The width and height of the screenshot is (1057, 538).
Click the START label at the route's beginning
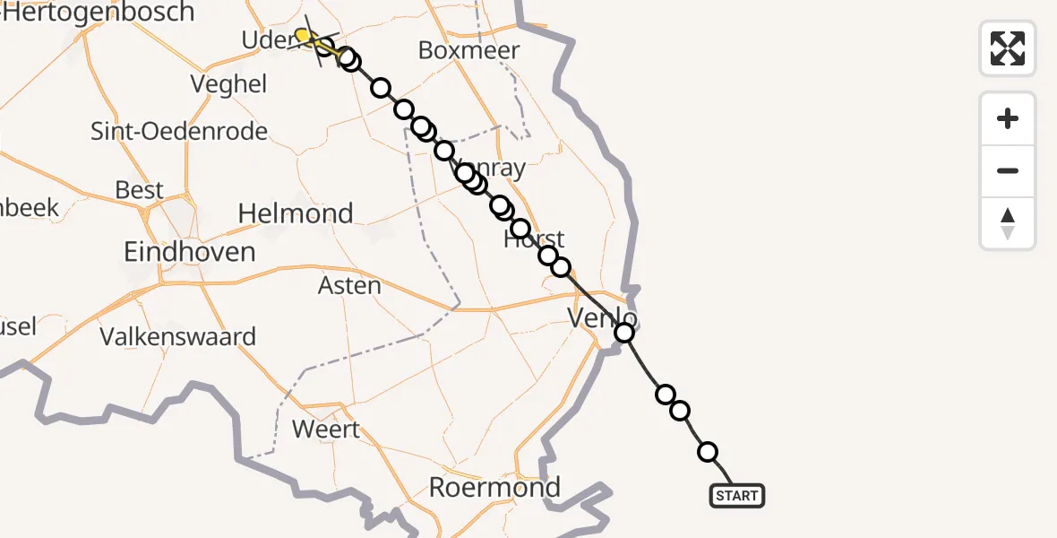(737, 496)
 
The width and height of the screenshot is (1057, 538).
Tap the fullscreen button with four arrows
(1008, 48)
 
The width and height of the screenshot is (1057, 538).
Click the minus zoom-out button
(1008, 170)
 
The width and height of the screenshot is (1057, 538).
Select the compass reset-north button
(1008, 223)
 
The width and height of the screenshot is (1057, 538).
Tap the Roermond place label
(494, 487)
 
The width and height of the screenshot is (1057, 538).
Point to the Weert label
(326, 429)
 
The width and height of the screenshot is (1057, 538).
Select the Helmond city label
(296, 213)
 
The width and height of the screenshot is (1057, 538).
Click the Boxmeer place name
(468, 50)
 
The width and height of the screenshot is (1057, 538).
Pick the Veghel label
(229, 84)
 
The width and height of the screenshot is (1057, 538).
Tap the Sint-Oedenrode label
(179, 132)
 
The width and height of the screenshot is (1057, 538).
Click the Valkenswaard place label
(178, 337)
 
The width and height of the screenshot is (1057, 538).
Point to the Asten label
(350, 286)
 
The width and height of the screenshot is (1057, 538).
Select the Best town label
(140, 190)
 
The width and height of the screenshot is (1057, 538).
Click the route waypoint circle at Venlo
(624, 334)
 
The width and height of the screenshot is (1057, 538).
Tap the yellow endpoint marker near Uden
(304, 36)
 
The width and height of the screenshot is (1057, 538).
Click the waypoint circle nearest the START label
(708, 452)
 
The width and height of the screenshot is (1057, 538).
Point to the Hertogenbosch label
(99, 13)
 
